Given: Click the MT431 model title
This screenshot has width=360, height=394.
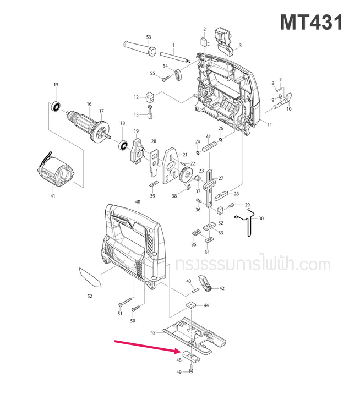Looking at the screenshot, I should point(311,23).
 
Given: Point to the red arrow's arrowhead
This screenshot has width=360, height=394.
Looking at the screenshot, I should point(177,351).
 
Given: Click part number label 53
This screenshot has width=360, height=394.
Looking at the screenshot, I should point(148,37).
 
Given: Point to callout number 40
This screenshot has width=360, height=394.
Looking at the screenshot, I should point(138,202).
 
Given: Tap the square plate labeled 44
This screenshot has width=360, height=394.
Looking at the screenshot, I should point(190,305).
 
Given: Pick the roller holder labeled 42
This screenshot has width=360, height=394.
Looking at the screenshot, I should point(205,284).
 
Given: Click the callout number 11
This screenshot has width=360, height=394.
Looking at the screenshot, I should point(270,125).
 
